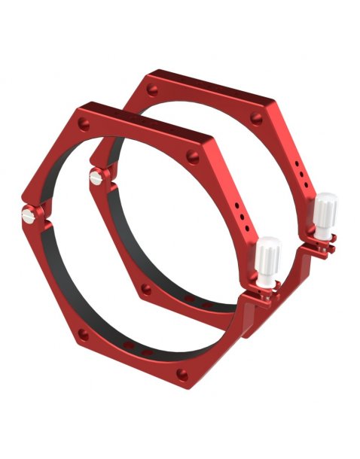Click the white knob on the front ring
268,256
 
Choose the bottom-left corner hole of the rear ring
145,288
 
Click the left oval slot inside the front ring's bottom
130,346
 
